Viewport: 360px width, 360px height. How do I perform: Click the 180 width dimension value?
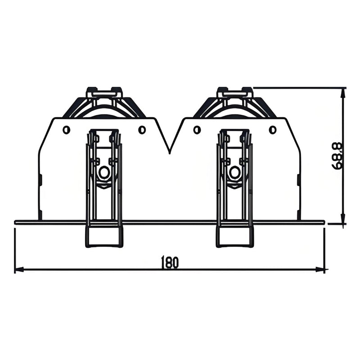(170, 263)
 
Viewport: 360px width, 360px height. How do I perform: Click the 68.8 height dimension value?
(337, 156)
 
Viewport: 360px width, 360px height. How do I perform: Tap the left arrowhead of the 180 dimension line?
(18, 270)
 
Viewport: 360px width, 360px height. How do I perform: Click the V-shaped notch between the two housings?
(170, 151)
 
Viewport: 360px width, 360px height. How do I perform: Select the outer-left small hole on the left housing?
(67, 130)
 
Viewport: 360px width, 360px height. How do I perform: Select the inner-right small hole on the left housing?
(142, 130)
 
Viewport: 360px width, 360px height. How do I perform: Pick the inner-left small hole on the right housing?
(197, 130)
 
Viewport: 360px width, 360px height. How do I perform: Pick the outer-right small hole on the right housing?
(272, 130)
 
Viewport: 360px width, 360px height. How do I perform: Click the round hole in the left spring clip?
(104, 172)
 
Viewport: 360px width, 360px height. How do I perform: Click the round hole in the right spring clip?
(234, 172)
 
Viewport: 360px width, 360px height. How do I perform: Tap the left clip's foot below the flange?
(104, 236)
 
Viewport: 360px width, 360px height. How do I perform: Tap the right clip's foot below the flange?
(234, 236)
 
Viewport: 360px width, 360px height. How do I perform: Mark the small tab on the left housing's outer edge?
(40, 180)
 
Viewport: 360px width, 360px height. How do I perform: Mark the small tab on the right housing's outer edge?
(298, 180)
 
